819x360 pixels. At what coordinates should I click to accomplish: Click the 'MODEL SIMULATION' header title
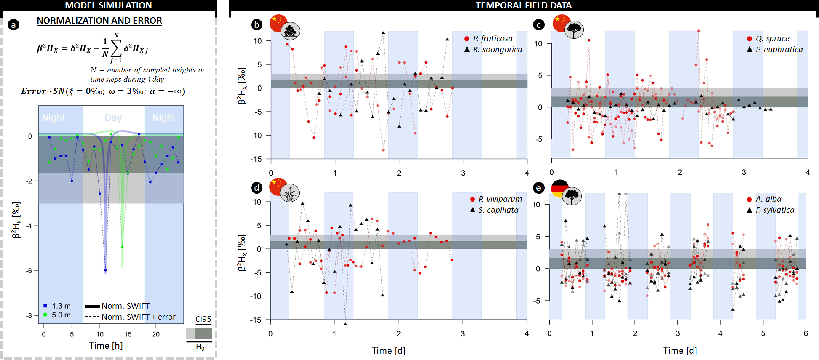pyautogui.click(x=108, y=5)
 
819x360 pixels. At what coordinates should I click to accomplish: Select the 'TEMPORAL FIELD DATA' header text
pyautogui.click(x=523, y=5)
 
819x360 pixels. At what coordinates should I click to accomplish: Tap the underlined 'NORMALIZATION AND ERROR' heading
pyautogui.click(x=99, y=21)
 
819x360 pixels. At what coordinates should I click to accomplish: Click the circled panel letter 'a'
pyautogui.click(x=13, y=25)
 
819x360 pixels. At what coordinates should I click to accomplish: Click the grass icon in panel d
pyautogui.click(x=289, y=193)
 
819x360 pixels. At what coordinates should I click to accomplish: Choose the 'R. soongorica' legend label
pyautogui.click(x=497, y=50)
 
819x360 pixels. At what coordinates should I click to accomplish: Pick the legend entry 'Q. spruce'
pyautogui.click(x=772, y=39)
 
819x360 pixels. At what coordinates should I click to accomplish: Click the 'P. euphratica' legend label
pyautogui.click(x=779, y=50)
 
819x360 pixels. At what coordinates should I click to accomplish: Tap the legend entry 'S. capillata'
pyautogui.click(x=498, y=210)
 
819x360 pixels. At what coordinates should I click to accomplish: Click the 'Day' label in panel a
pyautogui.click(x=113, y=118)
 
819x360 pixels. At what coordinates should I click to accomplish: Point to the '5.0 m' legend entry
pyautogui.click(x=61, y=315)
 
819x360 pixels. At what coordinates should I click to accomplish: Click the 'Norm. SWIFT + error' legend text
pyautogui.click(x=138, y=317)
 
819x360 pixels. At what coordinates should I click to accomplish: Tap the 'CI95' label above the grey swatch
pyautogui.click(x=203, y=319)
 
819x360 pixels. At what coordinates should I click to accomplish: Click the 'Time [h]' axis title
pyautogui.click(x=106, y=346)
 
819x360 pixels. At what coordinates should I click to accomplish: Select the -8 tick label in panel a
pyautogui.click(x=29, y=315)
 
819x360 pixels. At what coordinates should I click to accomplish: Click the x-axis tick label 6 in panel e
pyautogui.click(x=806, y=333)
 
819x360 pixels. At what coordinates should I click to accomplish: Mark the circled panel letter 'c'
pyautogui.click(x=538, y=25)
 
